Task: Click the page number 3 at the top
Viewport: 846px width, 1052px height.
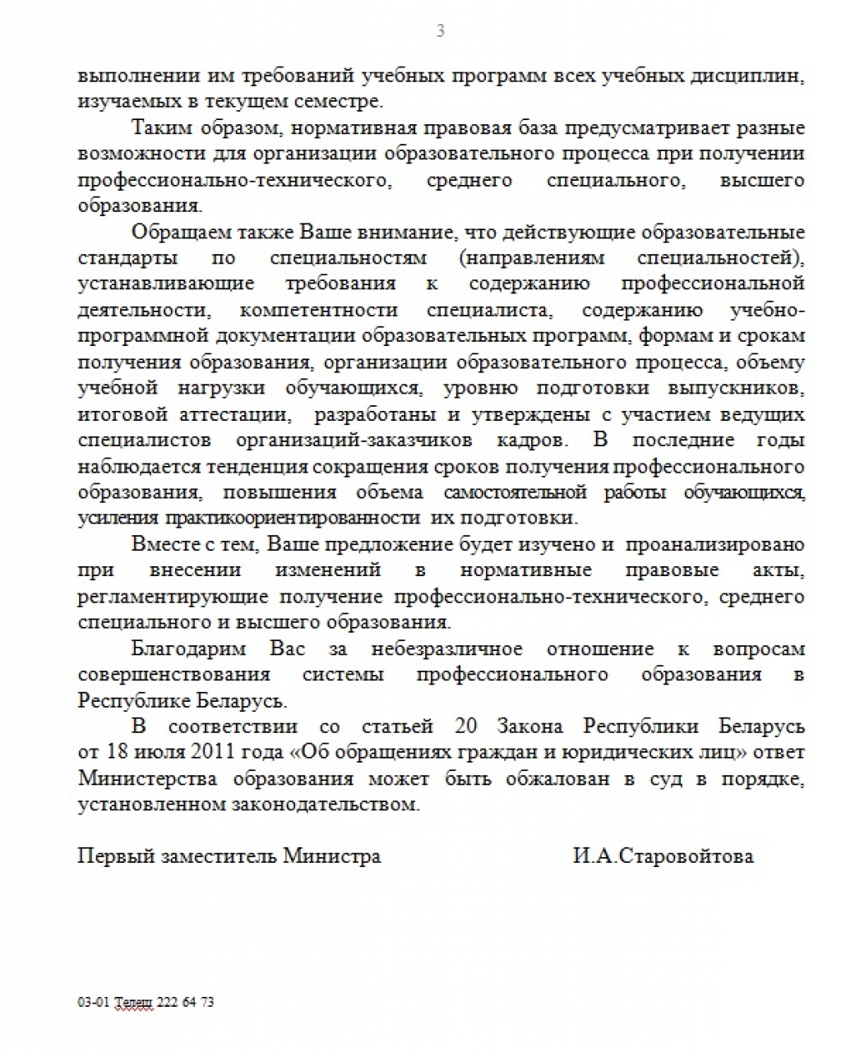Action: point(441,31)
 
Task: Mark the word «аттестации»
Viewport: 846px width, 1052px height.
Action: point(238,414)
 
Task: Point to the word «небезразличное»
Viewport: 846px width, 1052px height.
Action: point(446,648)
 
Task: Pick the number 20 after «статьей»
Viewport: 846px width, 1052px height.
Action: point(465,727)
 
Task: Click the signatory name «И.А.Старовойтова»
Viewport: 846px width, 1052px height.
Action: point(663,856)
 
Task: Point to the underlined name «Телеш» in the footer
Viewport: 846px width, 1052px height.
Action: point(133,1003)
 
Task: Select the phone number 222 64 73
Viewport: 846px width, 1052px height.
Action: point(185,1003)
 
